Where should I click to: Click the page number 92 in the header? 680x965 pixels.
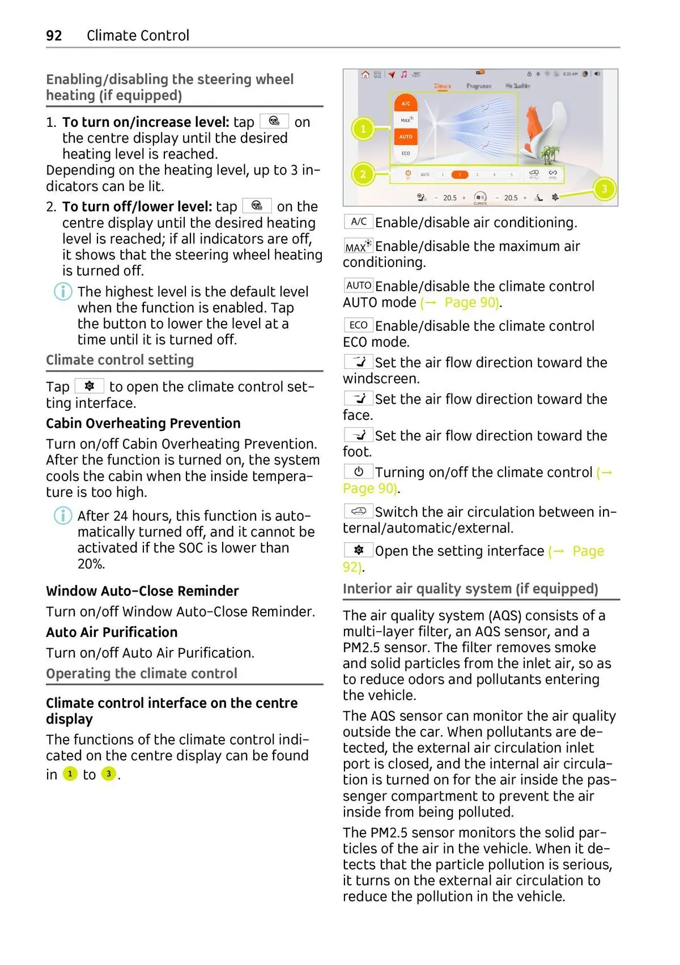(x=54, y=36)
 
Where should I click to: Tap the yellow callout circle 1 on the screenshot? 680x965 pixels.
(x=363, y=129)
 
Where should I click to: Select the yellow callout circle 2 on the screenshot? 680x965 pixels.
(x=363, y=174)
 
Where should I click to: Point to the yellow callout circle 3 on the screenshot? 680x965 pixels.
(x=604, y=189)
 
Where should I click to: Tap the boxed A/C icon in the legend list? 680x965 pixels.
(x=358, y=222)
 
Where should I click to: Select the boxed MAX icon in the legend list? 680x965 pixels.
(x=358, y=246)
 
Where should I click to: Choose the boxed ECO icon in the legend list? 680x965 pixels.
(x=358, y=325)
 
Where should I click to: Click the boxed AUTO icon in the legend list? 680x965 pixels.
(x=358, y=286)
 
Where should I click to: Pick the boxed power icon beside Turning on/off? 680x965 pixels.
(x=358, y=471)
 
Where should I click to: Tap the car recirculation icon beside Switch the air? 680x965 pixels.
(x=358, y=511)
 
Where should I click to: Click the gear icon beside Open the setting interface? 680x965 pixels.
(x=358, y=550)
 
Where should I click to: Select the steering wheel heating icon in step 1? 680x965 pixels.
(x=274, y=121)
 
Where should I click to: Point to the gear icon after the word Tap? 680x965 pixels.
(x=90, y=386)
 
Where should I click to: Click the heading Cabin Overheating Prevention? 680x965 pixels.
(x=143, y=423)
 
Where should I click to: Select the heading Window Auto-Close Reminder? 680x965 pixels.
(x=142, y=591)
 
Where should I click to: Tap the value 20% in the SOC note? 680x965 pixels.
(x=91, y=564)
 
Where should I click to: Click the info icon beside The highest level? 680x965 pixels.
(x=63, y=292)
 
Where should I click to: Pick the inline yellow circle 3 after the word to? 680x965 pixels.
(x=108, y=774)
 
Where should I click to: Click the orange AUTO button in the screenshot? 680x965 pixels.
(x=406, y=137)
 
